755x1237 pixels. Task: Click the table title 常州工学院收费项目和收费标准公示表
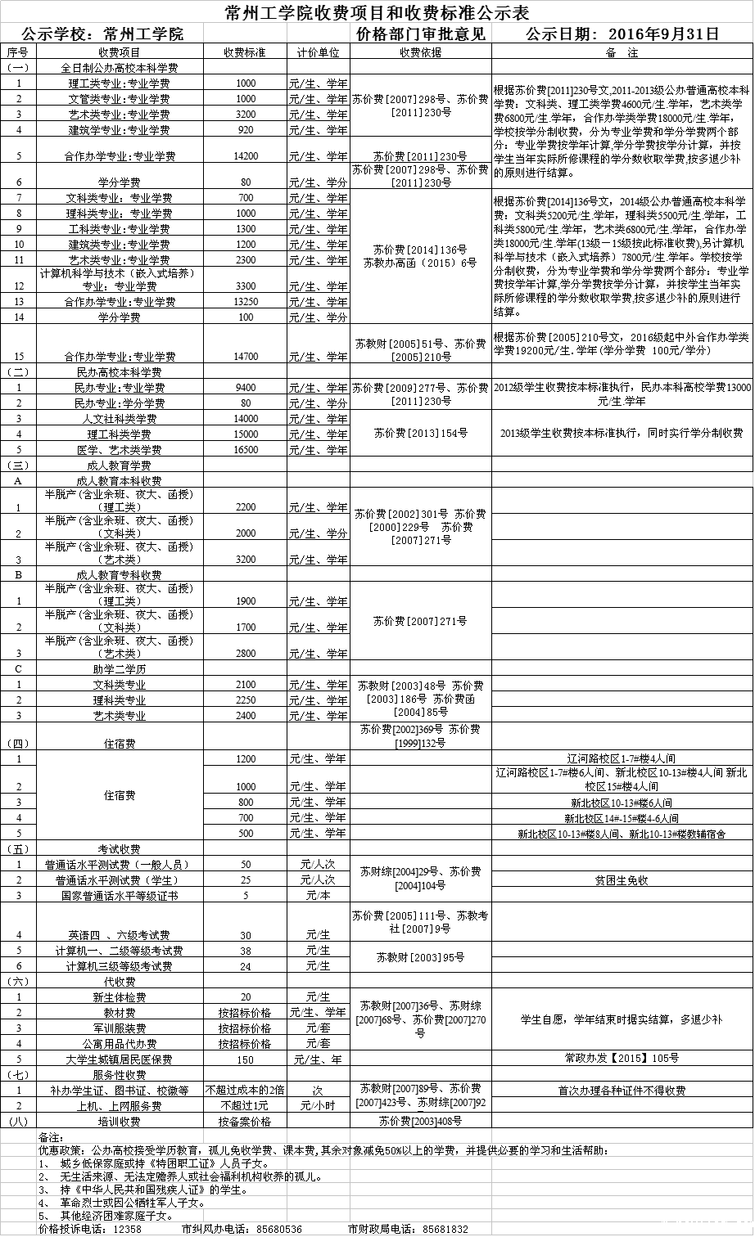click(x=377, y=13)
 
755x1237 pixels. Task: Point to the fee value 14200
click(x=246, y=155)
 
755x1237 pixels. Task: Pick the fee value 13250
click(x=246, y=302)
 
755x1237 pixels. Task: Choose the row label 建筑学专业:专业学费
click(x=120, y=130)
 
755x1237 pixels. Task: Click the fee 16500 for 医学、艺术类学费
click(x=246, y=450)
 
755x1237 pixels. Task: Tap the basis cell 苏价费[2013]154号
click(x=420, y=433)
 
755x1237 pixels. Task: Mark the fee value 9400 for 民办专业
click(x=246, y=387)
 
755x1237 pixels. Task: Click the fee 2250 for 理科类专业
click(x=246, y=700)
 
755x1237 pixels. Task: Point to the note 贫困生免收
click(x=622, y=880)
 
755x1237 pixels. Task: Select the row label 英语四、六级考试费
click(x=120, y=935)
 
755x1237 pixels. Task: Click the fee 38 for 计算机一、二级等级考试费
click(x=246, y=951)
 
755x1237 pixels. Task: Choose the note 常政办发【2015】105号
click(x=622, y=1058)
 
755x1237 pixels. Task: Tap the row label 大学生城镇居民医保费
click(x=120, y=1059)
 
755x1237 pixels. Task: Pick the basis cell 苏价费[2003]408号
click(x=420, y=1121)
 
